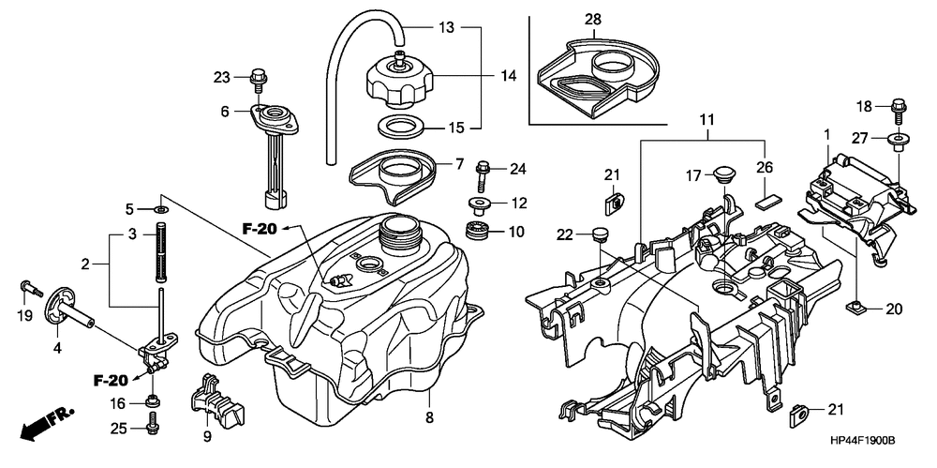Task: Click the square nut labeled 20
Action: [x=855, y=306]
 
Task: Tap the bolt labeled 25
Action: [x=151, y=429]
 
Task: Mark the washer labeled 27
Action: [x=898, y=141]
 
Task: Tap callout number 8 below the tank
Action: [x=428, y=416]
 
